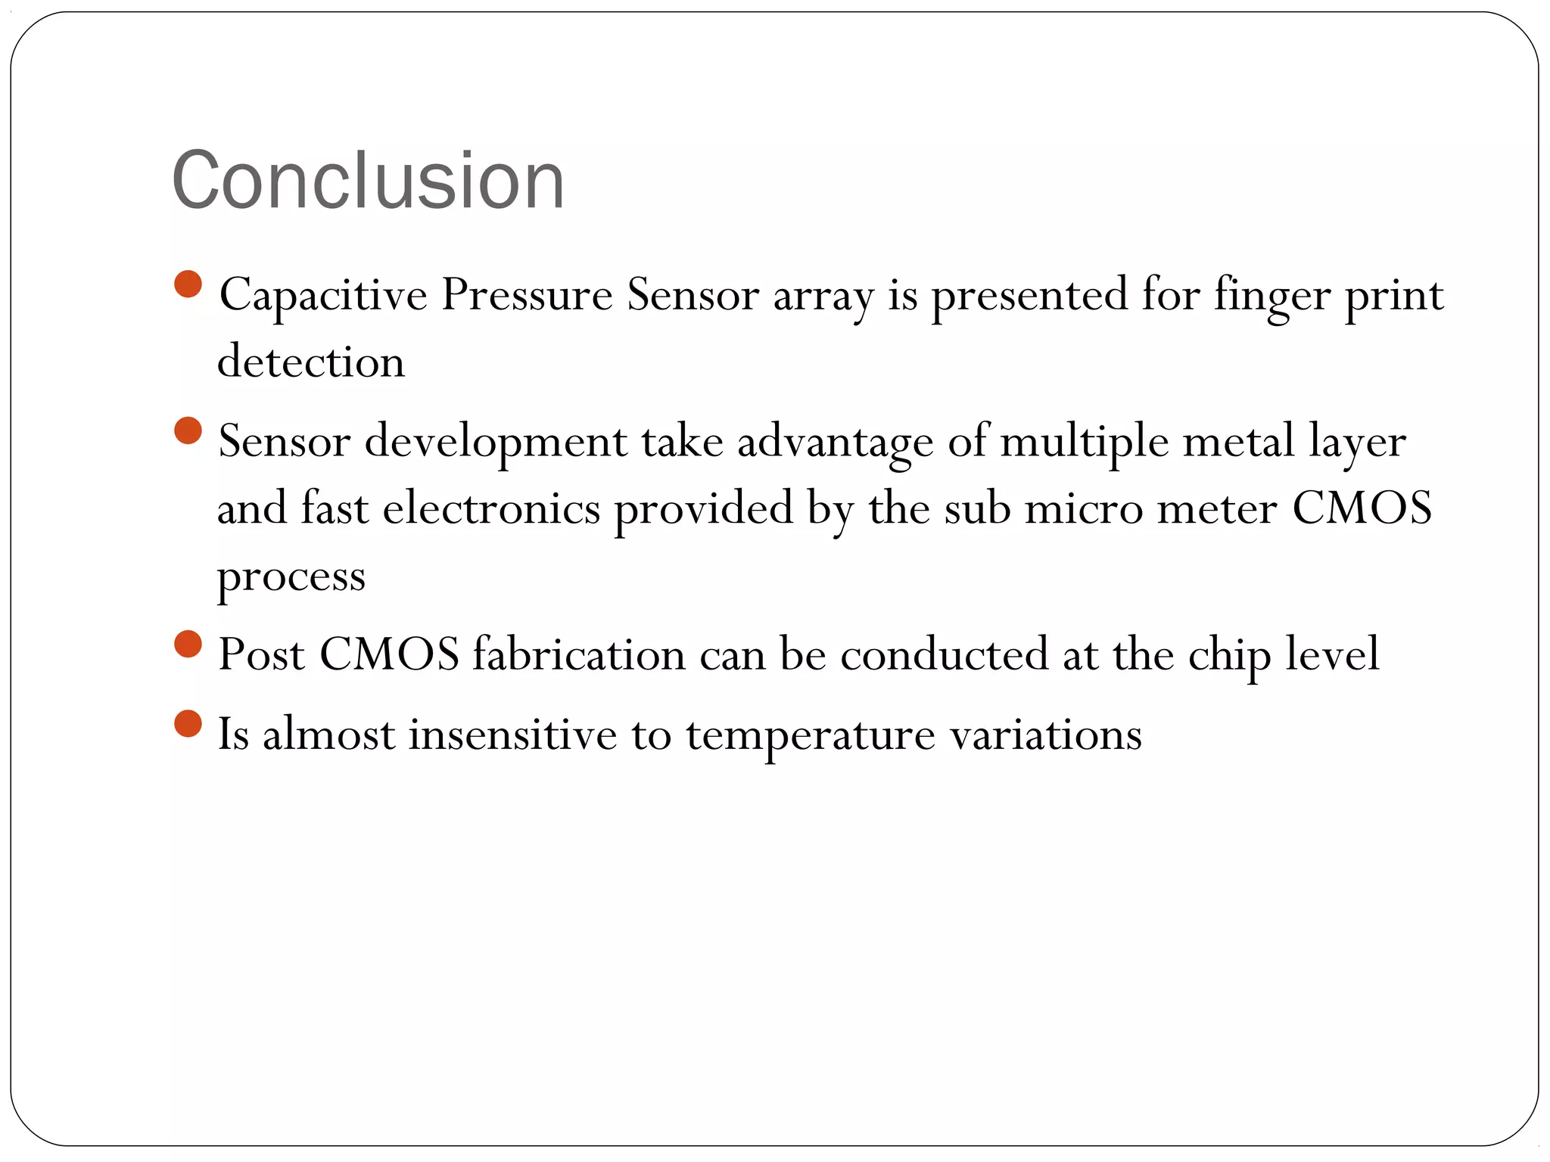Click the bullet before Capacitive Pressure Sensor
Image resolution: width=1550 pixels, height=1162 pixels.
[188, 285]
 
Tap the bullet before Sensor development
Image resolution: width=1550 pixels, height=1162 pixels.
[188, 431]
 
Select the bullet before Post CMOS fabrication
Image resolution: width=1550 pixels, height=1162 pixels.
[188, 645]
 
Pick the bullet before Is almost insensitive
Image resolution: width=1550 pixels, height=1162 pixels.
[188, 724]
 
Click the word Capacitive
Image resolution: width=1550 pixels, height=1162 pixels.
[323, 295]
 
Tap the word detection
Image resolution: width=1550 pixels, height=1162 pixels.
[311, 361]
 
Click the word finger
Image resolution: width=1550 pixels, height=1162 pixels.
[1272, 295]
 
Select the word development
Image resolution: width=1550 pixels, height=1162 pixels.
[496, 442]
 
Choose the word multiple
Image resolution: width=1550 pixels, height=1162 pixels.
[1085, 442]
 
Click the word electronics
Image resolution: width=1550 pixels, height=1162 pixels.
[491, 508]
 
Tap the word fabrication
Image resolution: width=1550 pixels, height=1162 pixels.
[579, 654]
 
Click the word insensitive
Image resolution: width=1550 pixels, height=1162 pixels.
[513, 734]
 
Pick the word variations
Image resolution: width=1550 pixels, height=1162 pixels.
[1046, 734]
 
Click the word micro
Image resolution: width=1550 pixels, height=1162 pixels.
[1084, 508]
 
